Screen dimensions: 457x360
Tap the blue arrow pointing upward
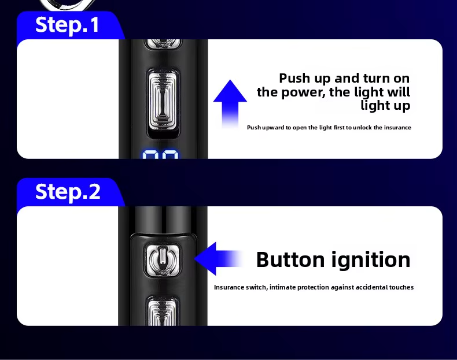[x=230, y=103]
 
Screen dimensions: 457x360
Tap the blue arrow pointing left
[x=219, y=258]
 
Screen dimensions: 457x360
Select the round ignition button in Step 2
[x=163, y=259]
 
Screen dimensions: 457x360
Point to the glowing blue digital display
[x=160, y=154]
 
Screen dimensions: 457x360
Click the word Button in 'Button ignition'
[x=290, y=259]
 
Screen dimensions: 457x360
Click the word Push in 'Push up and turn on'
[x=294, y=78]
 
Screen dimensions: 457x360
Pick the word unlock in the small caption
[x=362, y=128]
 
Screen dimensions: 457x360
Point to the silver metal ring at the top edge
[x=68, y=5]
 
